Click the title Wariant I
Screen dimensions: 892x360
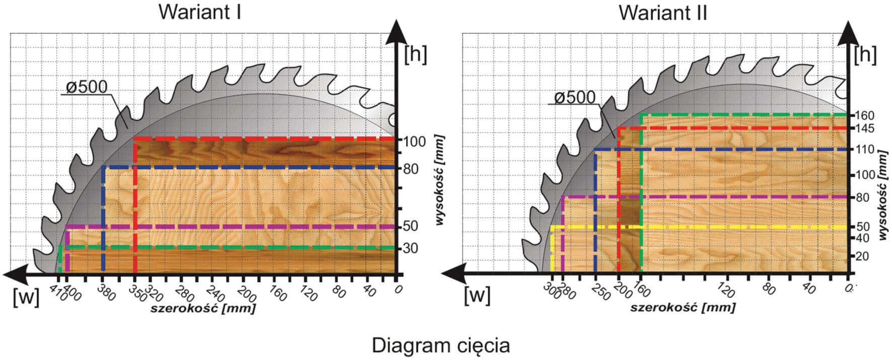click(x=200, y=12)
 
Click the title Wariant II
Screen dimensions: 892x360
click(x=663, y=12)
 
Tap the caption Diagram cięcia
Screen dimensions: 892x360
click(x=440, y=346)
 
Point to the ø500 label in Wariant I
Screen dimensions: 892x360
click(x=87, y=87)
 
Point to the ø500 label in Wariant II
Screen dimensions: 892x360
click(x=575, y=97)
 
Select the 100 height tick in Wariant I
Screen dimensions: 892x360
click(x=415, y=141)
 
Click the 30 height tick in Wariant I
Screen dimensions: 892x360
click(x=411, y=248)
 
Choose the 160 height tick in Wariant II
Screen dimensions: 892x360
click(x=865, y=115)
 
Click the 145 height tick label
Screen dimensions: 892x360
click(x=865, y=129)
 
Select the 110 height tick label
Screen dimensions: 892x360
click(x=865, y=150)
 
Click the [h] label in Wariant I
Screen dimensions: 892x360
click(x=415, y=54)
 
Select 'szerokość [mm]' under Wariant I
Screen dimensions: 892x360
click(x=203, y=308)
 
